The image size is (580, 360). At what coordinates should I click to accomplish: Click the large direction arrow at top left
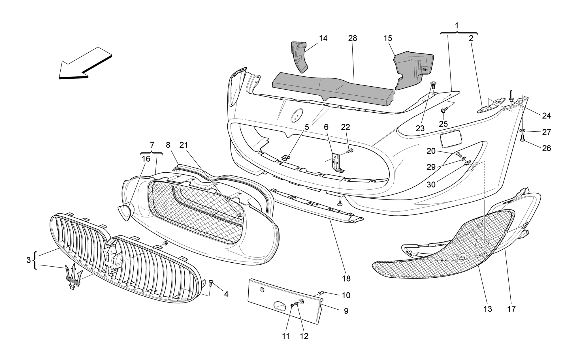(85, 64)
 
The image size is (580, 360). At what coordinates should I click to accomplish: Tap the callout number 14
(323, 38)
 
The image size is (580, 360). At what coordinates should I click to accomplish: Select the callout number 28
(353, 38)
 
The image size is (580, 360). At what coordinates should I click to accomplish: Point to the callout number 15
(388, 38)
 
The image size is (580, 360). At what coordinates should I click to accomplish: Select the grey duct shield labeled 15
(413, 69)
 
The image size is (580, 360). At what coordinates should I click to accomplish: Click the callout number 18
(346, 279)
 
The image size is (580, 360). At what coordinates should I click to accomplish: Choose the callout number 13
(488, 309)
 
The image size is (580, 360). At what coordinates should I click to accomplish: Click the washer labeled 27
(523, 131)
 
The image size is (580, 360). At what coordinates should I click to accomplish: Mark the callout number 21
(184, 145)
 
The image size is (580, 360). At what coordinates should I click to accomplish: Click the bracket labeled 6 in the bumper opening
(338, 164)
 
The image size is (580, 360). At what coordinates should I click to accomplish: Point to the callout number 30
(431, 185)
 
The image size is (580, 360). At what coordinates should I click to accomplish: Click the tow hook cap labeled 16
(125, 212)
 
